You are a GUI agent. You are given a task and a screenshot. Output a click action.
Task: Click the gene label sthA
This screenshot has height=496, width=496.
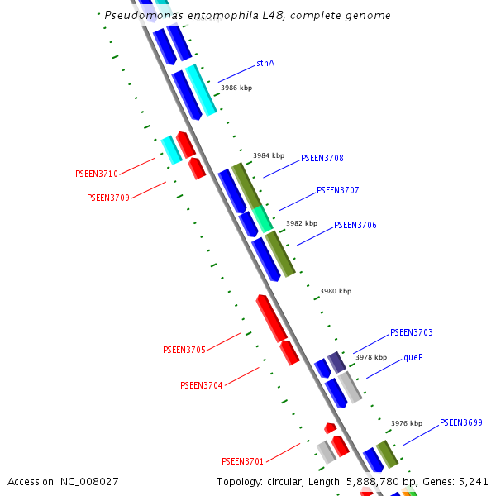tap(265, 63)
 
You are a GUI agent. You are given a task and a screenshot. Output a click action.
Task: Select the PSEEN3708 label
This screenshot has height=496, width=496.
tap(322, 158)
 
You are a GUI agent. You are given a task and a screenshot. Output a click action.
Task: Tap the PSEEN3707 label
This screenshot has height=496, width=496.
tap(337, 191)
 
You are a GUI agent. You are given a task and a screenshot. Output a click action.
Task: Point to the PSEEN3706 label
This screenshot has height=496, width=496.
tap(355, 225)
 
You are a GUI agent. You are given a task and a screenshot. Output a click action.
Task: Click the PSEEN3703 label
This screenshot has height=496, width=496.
tap(411, 333)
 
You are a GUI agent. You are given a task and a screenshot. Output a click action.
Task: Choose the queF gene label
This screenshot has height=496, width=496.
tap(413, 358)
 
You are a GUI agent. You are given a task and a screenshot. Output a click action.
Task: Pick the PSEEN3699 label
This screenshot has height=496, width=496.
tap(460, 423)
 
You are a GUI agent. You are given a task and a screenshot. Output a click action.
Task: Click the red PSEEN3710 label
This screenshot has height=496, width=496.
tap(96, 174)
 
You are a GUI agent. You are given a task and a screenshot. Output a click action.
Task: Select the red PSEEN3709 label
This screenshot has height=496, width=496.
tap(107, 198)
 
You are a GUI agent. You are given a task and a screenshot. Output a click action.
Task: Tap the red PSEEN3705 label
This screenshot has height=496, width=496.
tap(184, 351)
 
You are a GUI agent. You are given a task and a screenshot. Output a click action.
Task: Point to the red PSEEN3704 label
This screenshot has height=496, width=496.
tap(201, 385)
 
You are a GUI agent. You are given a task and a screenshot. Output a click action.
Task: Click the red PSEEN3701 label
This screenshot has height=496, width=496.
tap(242, 461)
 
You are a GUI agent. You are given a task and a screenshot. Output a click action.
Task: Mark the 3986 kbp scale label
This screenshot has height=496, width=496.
tap(236, 87)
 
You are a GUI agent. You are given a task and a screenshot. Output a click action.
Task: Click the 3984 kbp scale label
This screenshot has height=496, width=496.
tap(268, 155)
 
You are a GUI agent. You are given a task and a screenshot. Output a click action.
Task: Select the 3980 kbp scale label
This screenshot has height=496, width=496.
tap(336, 291)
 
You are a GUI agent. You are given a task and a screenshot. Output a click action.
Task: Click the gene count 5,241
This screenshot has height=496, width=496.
tap(472, 482)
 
